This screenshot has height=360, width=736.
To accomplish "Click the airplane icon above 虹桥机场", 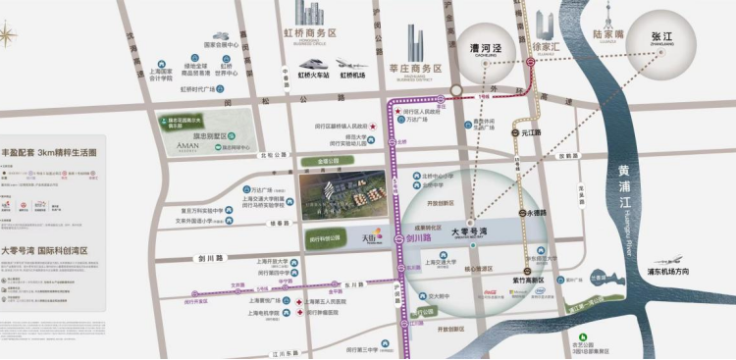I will (345, 64).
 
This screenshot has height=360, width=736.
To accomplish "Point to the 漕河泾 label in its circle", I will (479, 46).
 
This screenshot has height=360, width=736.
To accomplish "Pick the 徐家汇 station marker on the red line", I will (531, 61).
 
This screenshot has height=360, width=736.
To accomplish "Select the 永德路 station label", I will (538, 213).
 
